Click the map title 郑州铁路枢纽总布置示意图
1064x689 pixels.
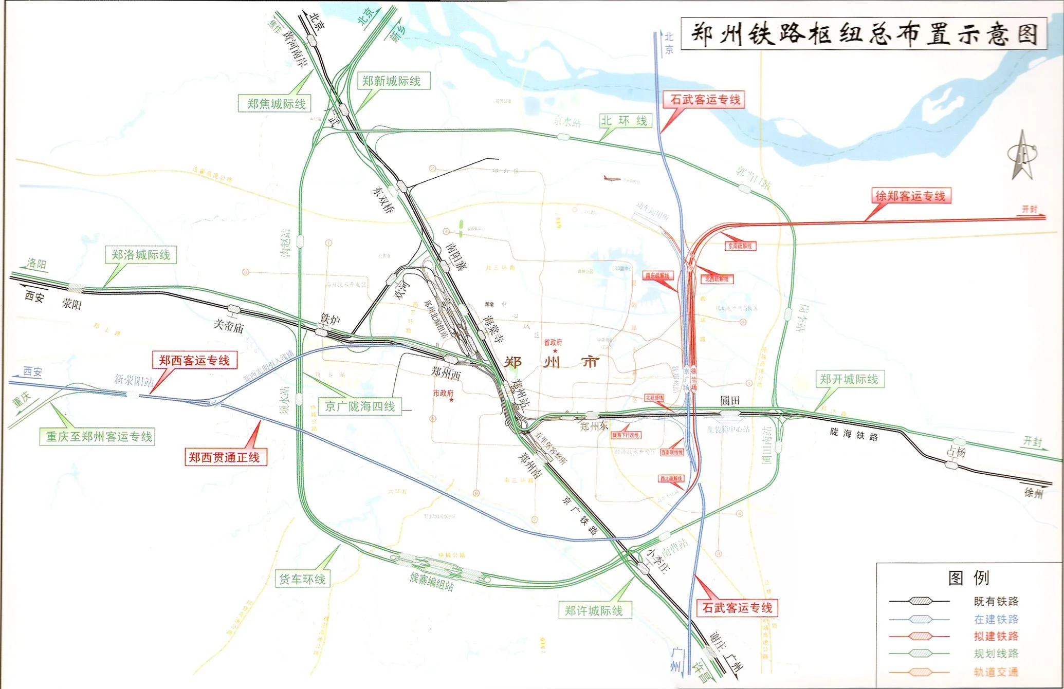coord(864,34)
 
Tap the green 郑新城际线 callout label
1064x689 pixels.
coord(392,81)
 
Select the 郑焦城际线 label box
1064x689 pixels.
coord(276,104)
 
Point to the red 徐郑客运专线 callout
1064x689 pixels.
coord(910,196)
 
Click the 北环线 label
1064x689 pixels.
coord(624,121)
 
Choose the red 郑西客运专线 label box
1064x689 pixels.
coord(194,360)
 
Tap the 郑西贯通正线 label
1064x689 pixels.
coord(225,457)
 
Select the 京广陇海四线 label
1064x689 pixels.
coord(360,406)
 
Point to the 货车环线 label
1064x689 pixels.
coord(302,579)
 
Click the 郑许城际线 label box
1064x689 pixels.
coord(594,610)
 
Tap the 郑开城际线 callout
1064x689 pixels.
coord(849,379)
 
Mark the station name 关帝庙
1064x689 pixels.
coord(229,326)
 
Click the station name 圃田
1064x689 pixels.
coord(729,400)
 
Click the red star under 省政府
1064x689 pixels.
coord(555,351)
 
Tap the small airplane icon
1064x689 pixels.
coord(612,179)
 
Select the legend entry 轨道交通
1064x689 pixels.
coord(996,672)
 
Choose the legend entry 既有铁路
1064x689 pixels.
coord(996,601)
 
